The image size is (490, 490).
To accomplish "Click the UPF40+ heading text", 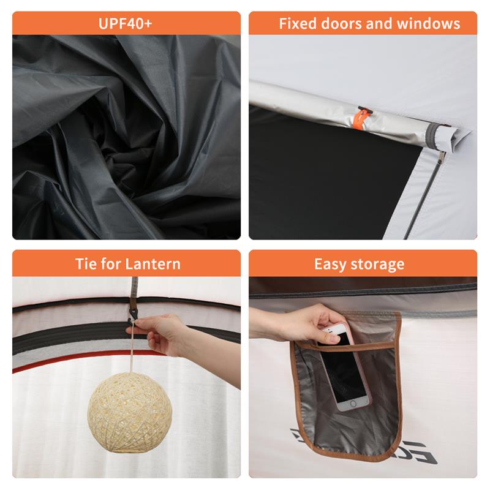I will click(x=126, y=24).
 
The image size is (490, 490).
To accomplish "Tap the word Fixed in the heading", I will click(x=297, y=24).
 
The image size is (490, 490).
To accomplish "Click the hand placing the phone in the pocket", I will click(x=294, y=325).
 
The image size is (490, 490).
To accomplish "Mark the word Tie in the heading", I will click(x=86, y=264).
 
